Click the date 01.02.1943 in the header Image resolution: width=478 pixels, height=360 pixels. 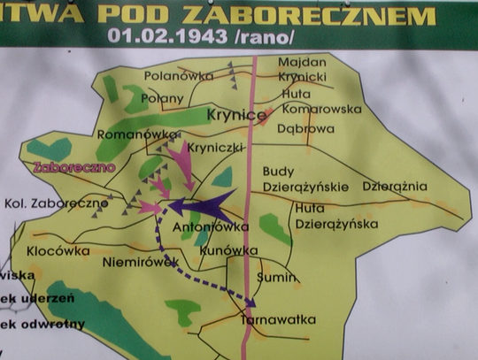click(x=164, y=38)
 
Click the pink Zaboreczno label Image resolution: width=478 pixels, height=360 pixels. click(x=67, y=166)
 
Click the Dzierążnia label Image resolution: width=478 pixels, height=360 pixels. click(x=395, y=187)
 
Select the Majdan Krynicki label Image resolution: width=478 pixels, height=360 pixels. click(x=301, y=71)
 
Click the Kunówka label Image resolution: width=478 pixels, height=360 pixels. click(x=223, y=250)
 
